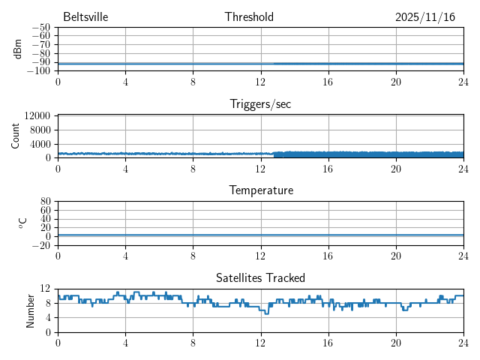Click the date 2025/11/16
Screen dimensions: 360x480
(425, 17)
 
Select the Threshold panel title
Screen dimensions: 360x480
(249, 17)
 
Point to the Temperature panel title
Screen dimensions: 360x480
(260, 190)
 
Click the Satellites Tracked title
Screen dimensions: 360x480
(260, 278)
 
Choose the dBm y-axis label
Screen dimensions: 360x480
(18, 49)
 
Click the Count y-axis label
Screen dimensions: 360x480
(16, 136)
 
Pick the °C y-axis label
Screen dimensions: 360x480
(22, 223)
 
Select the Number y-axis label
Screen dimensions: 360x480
(31, 310)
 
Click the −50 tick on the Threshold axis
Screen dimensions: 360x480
(41, 28)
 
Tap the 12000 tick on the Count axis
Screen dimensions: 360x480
(37, 115)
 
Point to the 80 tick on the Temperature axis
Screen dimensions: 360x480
(45, 202)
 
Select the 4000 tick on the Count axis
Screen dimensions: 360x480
(40, 143)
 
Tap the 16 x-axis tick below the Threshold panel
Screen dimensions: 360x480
(328, 82)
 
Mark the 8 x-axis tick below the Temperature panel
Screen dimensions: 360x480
(193, 256)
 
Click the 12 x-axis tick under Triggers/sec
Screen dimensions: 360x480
(260, 169)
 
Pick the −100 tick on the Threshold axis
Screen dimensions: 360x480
(39, 71)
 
